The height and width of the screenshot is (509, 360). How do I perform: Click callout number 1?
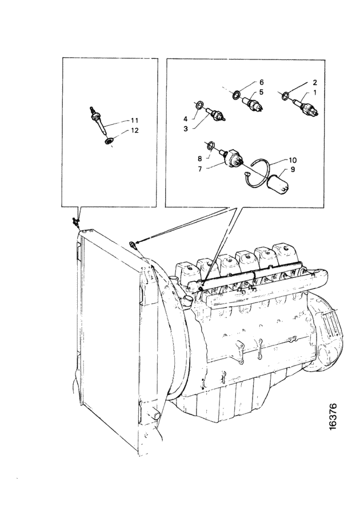click(x=314, y=92)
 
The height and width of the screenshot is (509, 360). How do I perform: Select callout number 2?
click(x=314, y=82)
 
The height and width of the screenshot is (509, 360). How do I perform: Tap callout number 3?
click(x=186, y=129)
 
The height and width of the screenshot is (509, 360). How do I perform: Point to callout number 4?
click(x=186, y=119)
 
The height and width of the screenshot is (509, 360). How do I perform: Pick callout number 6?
click(x=261, y=82)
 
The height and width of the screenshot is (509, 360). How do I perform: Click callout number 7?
click(x=200, y=169)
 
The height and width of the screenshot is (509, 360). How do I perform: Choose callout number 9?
click(x=293, y=169)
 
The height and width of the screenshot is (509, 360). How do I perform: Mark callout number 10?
click(x=292, y=160)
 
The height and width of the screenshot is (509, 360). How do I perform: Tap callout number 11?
click(x=134, y=121)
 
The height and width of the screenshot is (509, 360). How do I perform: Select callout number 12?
click(x=134, y=130)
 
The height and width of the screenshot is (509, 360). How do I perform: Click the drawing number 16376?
click(x=333, y=417)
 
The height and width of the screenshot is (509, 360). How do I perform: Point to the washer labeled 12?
click(x=109, y=141)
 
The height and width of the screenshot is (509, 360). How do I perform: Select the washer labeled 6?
click(x=237, y=95)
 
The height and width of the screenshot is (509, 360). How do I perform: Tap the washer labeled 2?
click(x=285, y=96)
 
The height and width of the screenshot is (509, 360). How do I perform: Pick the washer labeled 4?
click(x=200, y=105)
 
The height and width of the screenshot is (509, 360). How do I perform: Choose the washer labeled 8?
click(x=210, y=145)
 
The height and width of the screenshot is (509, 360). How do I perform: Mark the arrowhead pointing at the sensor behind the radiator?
click(x=137, y=242)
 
